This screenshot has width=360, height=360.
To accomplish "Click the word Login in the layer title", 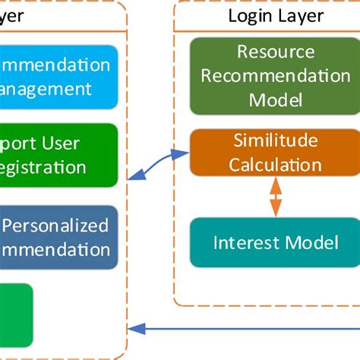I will (x=248, y=16).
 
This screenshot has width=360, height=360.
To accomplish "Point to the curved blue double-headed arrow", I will (x=159, y=166).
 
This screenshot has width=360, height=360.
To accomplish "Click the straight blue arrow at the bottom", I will (x=243, y=329).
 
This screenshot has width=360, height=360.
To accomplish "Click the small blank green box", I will (x=15, y=311).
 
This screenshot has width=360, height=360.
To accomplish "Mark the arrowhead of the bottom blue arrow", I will (x=134, y=329).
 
